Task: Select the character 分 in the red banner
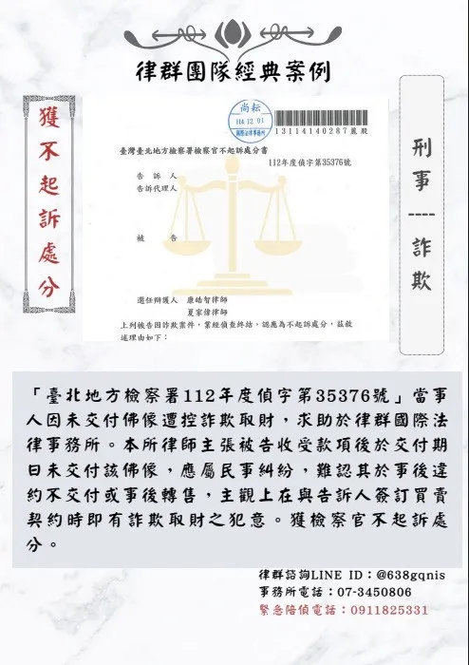(x=48, y=286)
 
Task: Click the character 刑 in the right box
(x=422, y=147)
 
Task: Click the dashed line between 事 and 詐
(x=422, y=215)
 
